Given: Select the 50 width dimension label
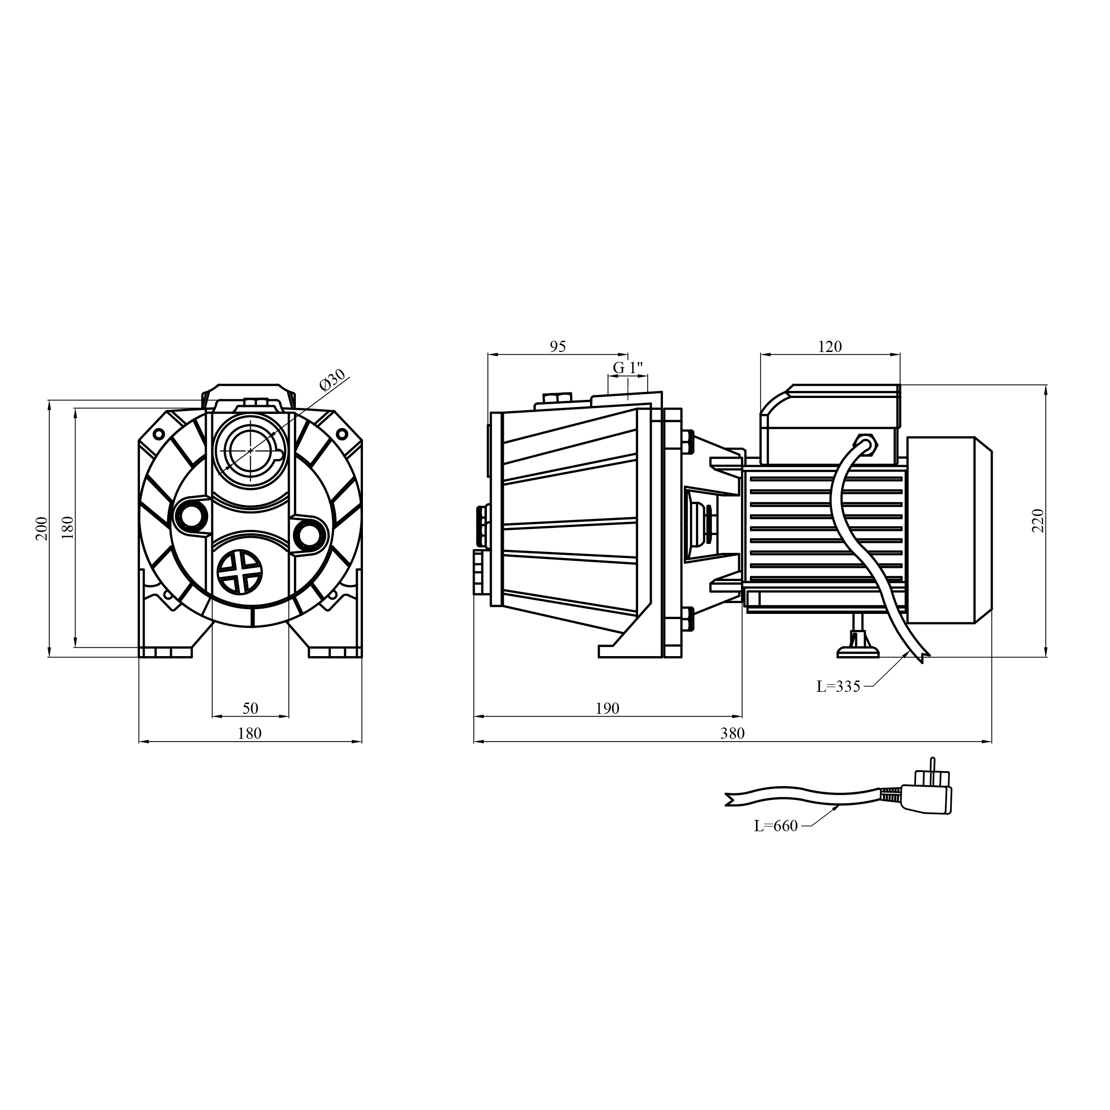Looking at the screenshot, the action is point(250,708).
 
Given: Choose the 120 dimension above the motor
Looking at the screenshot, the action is point(830,346).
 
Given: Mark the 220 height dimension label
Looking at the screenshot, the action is point(1038,521).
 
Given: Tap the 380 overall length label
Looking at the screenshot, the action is point(732,734).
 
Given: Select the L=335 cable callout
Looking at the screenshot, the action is point(838,687).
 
